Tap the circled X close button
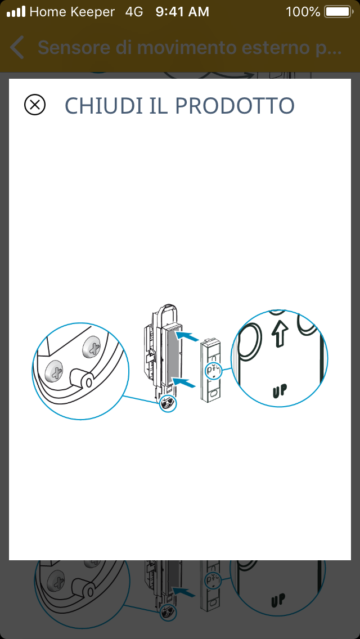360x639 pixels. pyautogui.click(x=35, y=105)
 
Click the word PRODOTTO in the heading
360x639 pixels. pyautogui.click(x=235, y=106)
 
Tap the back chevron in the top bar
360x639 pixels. pyautogui.click(x=17, y=47)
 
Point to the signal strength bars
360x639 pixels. pyautogui.click(x=16, y=11)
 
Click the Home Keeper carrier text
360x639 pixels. pyautogui.click(x=72, y=12)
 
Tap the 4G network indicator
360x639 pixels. pyautogui.click(x=134, y=12)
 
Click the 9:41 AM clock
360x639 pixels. pyautogui.click(x=182, y=12)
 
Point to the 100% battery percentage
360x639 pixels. pyautogui.click(x=303, y=12)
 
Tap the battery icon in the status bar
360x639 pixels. pyautogui.click(x=339, y=12)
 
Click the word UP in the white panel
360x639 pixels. pyautogui.click(x=279, y=391)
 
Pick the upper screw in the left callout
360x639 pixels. pyautogui.click(x=91, y=348)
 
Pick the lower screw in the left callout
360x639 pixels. pyautogui.click(x=53, y=371)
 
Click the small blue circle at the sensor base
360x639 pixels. pyautogui.click(x=168, y=404)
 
